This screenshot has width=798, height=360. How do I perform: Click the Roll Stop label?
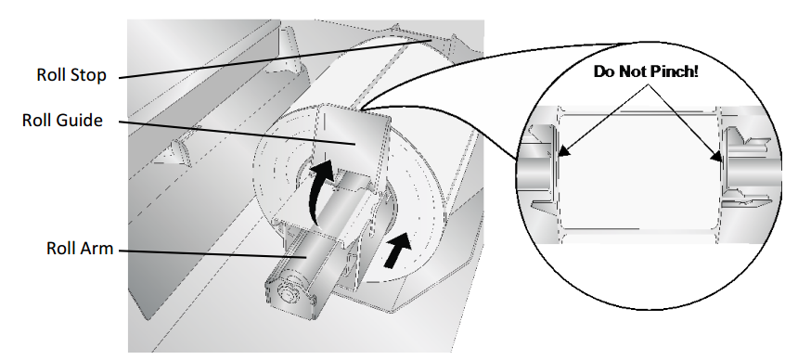(x=71, y=75)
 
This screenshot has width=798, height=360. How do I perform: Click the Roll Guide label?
(x=62, y=121)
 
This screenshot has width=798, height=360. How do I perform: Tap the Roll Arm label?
(x=80, y=249)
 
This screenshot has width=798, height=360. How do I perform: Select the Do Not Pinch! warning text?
(x=646, y=71)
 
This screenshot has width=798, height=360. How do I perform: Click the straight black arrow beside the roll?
(x=396, y=250)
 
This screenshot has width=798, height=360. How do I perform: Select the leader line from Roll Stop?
(x=276, y=58)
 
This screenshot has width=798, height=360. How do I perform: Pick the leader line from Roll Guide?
(x=237, y=133)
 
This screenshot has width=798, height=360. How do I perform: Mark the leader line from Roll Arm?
(x=212, y=253)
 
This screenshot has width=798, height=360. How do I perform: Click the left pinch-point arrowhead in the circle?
(x=562, y=151)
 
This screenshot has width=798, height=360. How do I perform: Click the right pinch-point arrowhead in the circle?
(x=718, y=157)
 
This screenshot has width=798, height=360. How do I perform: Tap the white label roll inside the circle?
(x=637, y=171)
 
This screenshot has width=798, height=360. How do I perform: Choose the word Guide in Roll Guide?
(x=82, y=121)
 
